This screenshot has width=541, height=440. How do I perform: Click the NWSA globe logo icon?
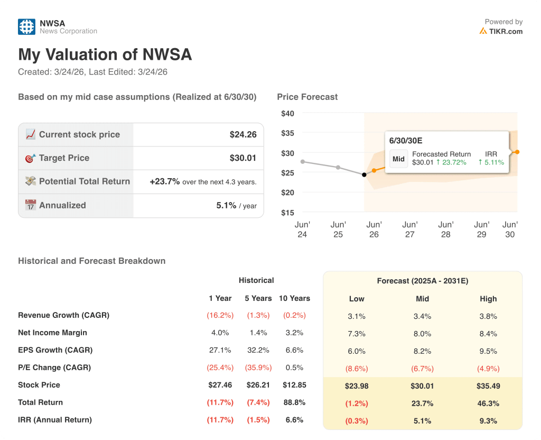pyautogui.click(x=26, y=27)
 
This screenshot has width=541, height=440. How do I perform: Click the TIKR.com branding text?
pyautogui.click(x=505, y=31)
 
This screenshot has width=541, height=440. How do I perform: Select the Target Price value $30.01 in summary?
pyautogui.click(x=243, y=158)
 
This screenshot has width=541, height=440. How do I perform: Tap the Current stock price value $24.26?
pyautogui.click(x=243, y=135)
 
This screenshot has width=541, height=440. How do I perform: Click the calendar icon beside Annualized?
pyautogui.click(x=31, y=205)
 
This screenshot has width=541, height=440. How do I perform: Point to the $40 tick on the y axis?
pyautogui.click(x=287, y=113)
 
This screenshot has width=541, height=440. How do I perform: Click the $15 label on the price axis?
pyautogui.click(x=287, y=213)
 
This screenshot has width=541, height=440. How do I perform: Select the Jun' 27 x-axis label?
pyautogui.click(x=409, y=230)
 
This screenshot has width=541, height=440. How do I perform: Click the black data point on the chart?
pyautogui.click(x=364, y=175)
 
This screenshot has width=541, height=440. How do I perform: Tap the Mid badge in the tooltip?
pyautogui.click(x=398, y=159)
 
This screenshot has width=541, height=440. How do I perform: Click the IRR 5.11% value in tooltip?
pyautogui.click(x=491, y=162)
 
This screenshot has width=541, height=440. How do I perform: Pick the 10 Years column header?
pyautogui.click(x=294, y=298)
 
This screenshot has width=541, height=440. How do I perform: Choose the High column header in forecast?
pyautogui.click(x=488, y=299)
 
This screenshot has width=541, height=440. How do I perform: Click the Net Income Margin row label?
pyautogui.click(x=52, y=333)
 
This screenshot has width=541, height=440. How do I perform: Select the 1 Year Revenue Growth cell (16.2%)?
pyautogui.click(x=220, y=315)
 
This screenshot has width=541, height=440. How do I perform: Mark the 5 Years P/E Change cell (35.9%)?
pyautogui.click(x=258, y=368)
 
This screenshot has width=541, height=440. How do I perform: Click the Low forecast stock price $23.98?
pyautogui.click(x=357, y=386)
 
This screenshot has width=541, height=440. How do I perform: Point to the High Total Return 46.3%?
pyautogui.click(x=488, y=404)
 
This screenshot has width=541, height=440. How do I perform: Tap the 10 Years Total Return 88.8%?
pyautogui.click(x=294, y=402)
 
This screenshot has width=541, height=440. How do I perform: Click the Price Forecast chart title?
pyautogui.click(x=307, y=97)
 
